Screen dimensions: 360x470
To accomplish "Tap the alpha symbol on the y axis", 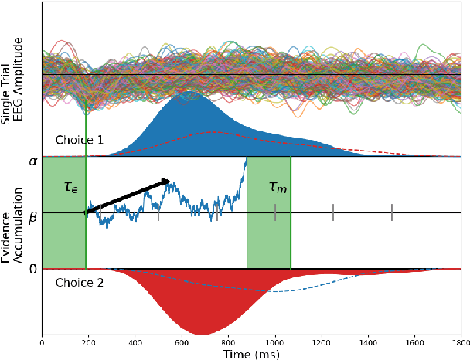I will (x=32, y=161).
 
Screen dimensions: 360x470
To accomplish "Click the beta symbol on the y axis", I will (x=32, y=217).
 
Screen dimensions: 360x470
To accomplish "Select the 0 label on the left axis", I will (x=32, y=269).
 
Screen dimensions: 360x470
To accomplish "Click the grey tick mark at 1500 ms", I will (x=392, y=212).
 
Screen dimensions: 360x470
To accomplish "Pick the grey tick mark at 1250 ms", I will (x=333, y=212).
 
